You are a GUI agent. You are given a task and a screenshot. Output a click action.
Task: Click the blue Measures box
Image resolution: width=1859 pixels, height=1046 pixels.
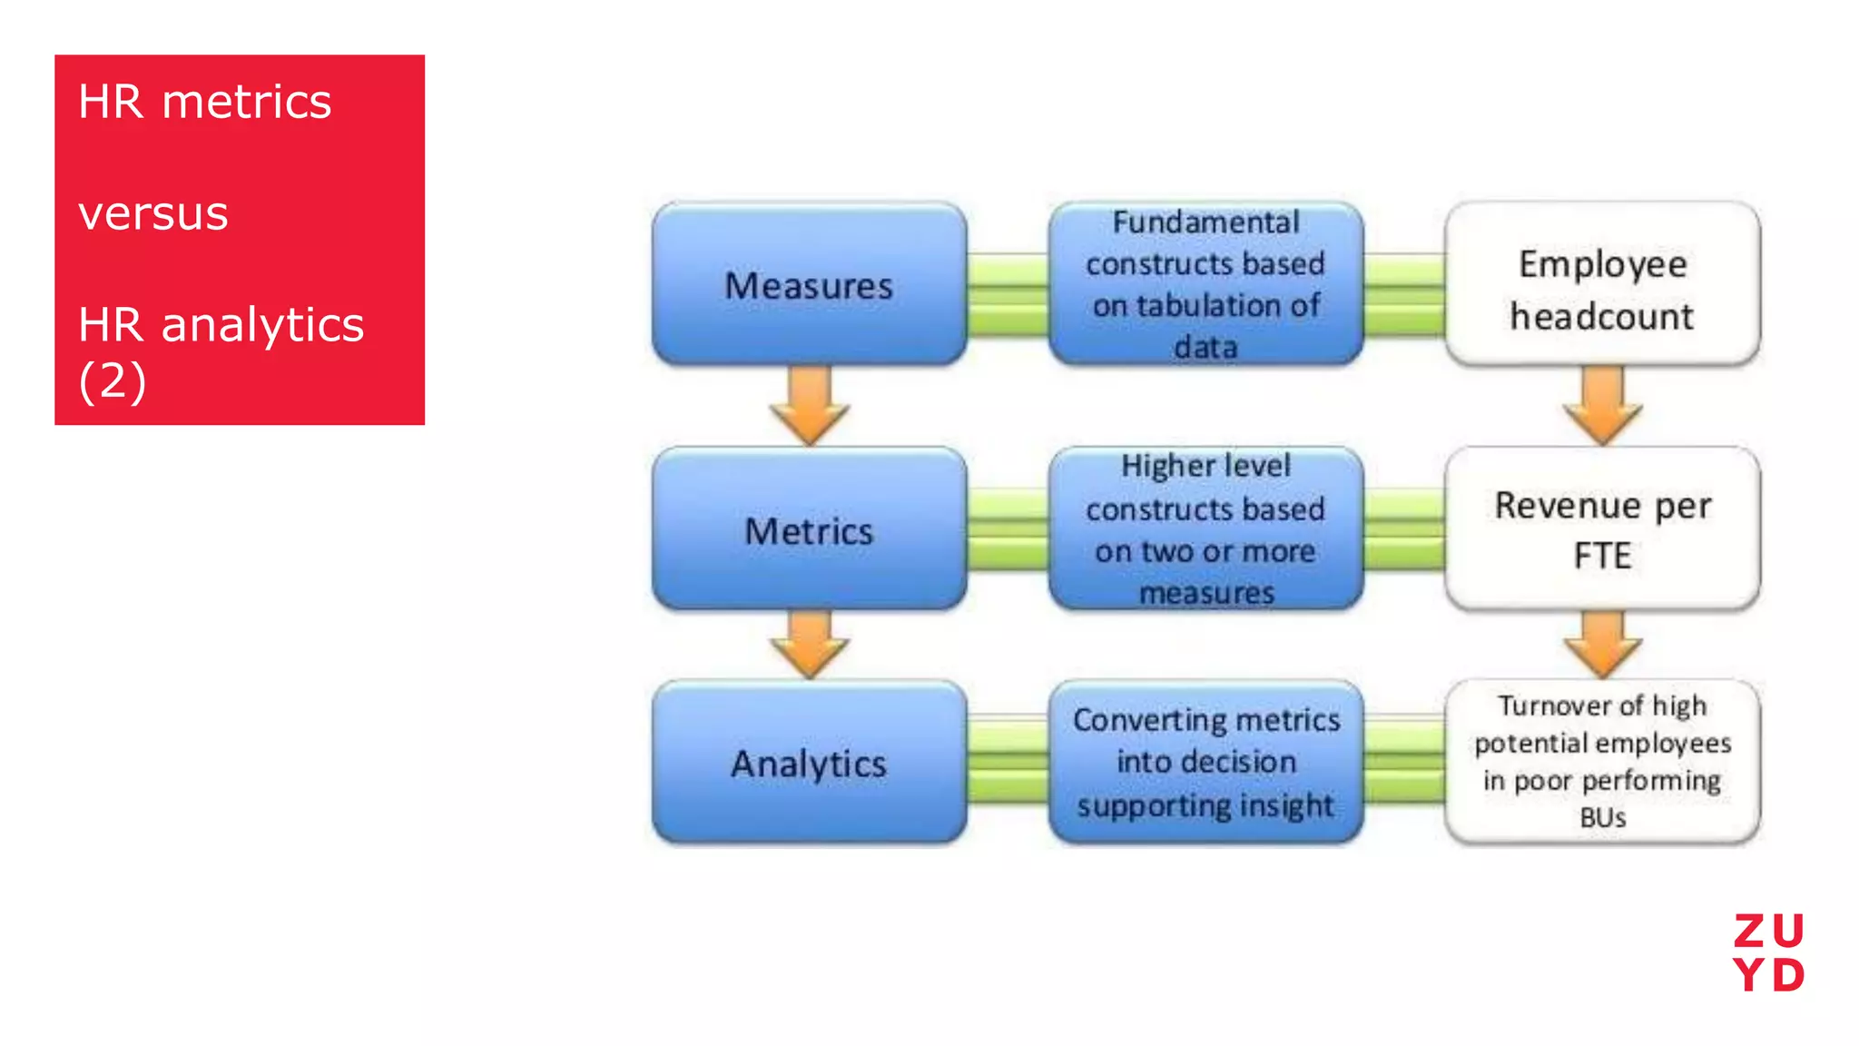click(809, 284)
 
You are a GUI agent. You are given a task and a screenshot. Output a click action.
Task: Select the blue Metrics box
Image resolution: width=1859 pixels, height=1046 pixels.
click(809, 529)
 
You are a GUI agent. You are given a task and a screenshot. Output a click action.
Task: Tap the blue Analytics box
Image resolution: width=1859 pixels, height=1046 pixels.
click(809, 763)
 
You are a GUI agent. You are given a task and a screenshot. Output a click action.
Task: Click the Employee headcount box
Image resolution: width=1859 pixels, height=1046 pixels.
click(1602, 284)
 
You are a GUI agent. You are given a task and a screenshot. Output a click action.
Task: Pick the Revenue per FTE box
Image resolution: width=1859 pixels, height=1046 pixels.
click(1602, 529)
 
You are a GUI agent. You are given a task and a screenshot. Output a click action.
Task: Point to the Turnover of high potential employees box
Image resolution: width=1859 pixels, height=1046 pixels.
click(1602, 761)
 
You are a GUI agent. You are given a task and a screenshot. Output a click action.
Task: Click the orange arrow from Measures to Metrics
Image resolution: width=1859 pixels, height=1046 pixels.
click(809, 406)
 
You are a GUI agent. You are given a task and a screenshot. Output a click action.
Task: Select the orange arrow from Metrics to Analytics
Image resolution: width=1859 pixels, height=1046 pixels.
click(809, 645)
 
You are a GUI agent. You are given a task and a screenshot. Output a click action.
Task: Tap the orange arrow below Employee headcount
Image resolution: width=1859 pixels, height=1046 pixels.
click(1602, 406)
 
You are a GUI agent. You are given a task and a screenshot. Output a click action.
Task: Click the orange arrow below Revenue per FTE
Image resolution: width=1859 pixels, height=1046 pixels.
click(1602, 645)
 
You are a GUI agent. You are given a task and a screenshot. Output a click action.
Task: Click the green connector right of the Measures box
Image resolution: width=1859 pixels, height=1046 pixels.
click(1008, 295)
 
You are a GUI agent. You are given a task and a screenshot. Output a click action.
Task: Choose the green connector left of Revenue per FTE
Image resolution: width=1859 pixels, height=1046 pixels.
click(1404, 529)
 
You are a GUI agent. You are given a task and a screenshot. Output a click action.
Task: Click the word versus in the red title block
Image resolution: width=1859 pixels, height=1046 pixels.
click(153, 214)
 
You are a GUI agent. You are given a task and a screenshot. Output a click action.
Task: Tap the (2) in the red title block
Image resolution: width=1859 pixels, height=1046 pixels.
click(112, 380)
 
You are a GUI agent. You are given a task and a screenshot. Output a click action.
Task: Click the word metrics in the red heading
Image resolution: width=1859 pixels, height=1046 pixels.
click(246, 102)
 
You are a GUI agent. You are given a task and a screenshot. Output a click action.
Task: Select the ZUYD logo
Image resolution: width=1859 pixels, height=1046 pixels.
click(1768, 952)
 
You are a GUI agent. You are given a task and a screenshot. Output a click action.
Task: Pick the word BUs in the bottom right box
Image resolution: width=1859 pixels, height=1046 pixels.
click(1602, 817)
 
